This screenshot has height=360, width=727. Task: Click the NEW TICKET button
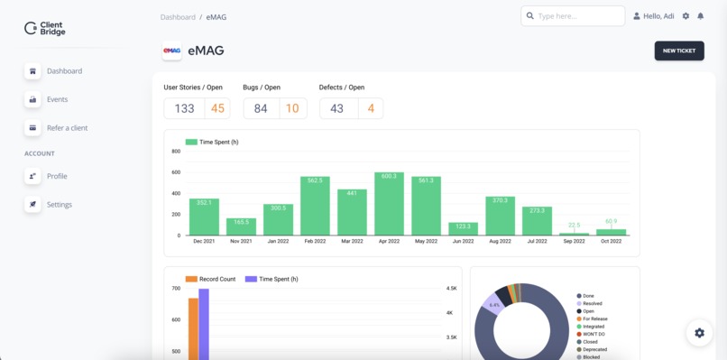pyautogui.click(x=678, y=51)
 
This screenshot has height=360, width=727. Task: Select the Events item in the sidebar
pyautogui.click(x=57, y=99)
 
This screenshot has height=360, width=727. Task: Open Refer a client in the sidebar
pyautogui.click(x=67, y=128)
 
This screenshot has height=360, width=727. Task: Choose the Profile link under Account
pyautogui.click(x=57, y=176)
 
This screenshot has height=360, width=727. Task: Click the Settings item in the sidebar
pyautogui.click(x=59, y=205)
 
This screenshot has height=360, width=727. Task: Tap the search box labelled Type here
pyautogui.click(x=573, y=16)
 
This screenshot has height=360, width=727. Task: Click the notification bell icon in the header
pyautogui.click(x=701, y=16)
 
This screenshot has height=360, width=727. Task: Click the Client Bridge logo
pyautogui.click(x=45, y=29)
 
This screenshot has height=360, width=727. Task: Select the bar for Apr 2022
pyautogui.click(x=389, y=205)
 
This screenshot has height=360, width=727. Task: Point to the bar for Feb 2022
pyautogui.click(x=315, y=207)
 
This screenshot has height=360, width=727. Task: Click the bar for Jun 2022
pyautogui.click(x=463, y=229)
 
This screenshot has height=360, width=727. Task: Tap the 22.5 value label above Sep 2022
pyautogui.click(x=574, y=226)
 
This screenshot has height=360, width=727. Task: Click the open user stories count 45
pyautogui.click(x=217, y=108)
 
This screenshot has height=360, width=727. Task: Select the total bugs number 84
pyautogui.click(x=260, y=108)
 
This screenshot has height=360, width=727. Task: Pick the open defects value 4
pyautogui.click(x=371, y=108)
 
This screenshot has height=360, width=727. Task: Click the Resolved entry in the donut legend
pyautogui.click(x=592, y=304)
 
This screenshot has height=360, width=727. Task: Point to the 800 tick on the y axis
pyautogui.click(x=176, y=152)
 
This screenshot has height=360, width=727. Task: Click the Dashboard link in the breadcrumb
pyautogui.click(x=178, y=17)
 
